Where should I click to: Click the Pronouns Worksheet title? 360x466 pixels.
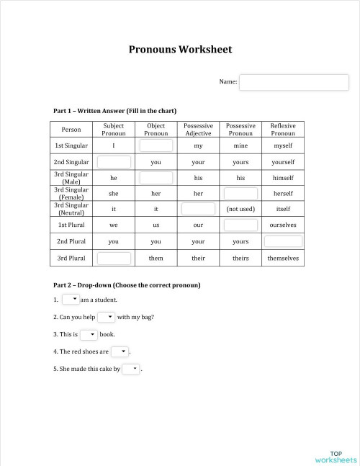(x=180, y=50)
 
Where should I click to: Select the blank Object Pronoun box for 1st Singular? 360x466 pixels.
(x=156, y=145)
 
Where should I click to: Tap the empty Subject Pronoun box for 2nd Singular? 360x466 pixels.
(x=114, y=162)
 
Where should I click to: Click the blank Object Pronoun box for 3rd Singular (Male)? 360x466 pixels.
(x=156, y=178)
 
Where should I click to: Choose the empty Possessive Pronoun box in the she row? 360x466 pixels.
(x=240, y=193)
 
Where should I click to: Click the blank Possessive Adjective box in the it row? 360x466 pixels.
(x=198, y=209)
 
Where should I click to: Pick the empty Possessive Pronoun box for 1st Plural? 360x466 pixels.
(x=240, y=225)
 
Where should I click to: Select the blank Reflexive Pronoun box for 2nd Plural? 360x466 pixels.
(x=283, y=241)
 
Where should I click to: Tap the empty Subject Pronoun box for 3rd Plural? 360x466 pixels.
(x=114, y=258)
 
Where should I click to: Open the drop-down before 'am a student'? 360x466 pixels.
(x=71, y=299)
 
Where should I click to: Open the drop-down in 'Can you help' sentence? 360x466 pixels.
(x=107, y=317)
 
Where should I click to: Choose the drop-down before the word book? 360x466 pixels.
(x=89, y=334)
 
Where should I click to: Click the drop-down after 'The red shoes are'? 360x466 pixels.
(x=120, y=351)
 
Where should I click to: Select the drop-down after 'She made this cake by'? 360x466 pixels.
(x=131, y=369)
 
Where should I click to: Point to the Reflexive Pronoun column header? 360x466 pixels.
(x=283, y=130)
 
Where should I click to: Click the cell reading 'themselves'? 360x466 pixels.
(x=283, y=258)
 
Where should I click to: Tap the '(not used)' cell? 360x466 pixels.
(x=240, y=209)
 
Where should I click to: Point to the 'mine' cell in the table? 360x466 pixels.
(x=240, y=145)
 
